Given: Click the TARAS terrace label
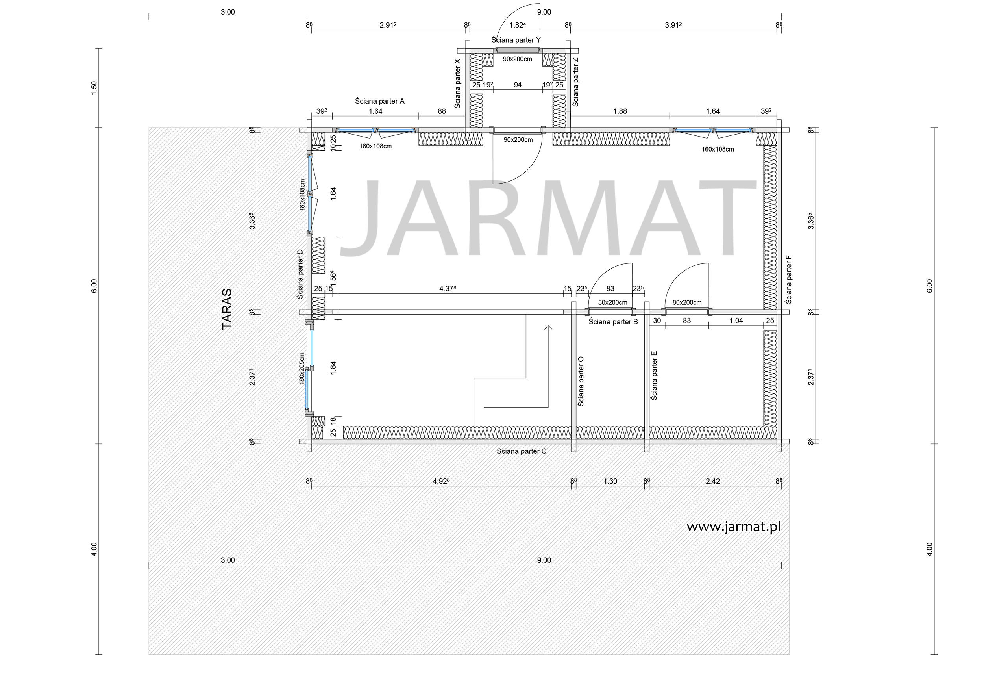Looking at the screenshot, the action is pyautogui.click(x=227, y=309).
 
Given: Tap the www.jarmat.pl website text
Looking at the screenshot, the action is pyautogui.click(x=733, y=527).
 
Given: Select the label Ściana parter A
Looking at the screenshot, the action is pyautogui.click(x=379, y=101).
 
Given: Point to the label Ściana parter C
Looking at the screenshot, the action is pyautogui.click(x=522, y=451).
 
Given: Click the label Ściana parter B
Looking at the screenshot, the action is pyautogui.click(x=613, y=322).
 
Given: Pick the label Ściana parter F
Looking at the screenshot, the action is pyautogui.click(x=788, y=280).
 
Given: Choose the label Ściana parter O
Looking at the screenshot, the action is pyautogui.click(x=581, y=381).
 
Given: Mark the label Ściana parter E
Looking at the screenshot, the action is pyautogui.click(x=654, y=376).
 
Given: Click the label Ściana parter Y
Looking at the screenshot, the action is pyautogui.click(x=516, y=40).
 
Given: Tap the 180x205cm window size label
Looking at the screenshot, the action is pyautogui.click(x=302, y=368).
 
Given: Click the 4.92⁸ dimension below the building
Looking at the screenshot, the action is pyautogui.click(x=441, y=481).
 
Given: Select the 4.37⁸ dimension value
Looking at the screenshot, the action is pyautogui.click(x=448, y=289).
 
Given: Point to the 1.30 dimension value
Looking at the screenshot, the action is pyautogui.click(x=610, y=481).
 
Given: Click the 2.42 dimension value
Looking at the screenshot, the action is pyautogui.click(x=713, y=481).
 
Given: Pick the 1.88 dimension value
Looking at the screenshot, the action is pyautogui.click(x=620, y=111).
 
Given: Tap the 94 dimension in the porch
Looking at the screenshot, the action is pyautogui.click(x=518, y=85).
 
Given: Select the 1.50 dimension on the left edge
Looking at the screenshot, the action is pyautogui.click(x=94, y=87).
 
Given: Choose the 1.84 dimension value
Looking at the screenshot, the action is pyautogui.click(x=333, y=368).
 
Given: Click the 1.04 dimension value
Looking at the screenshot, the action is pyautogui.click(x=736, y=320).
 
